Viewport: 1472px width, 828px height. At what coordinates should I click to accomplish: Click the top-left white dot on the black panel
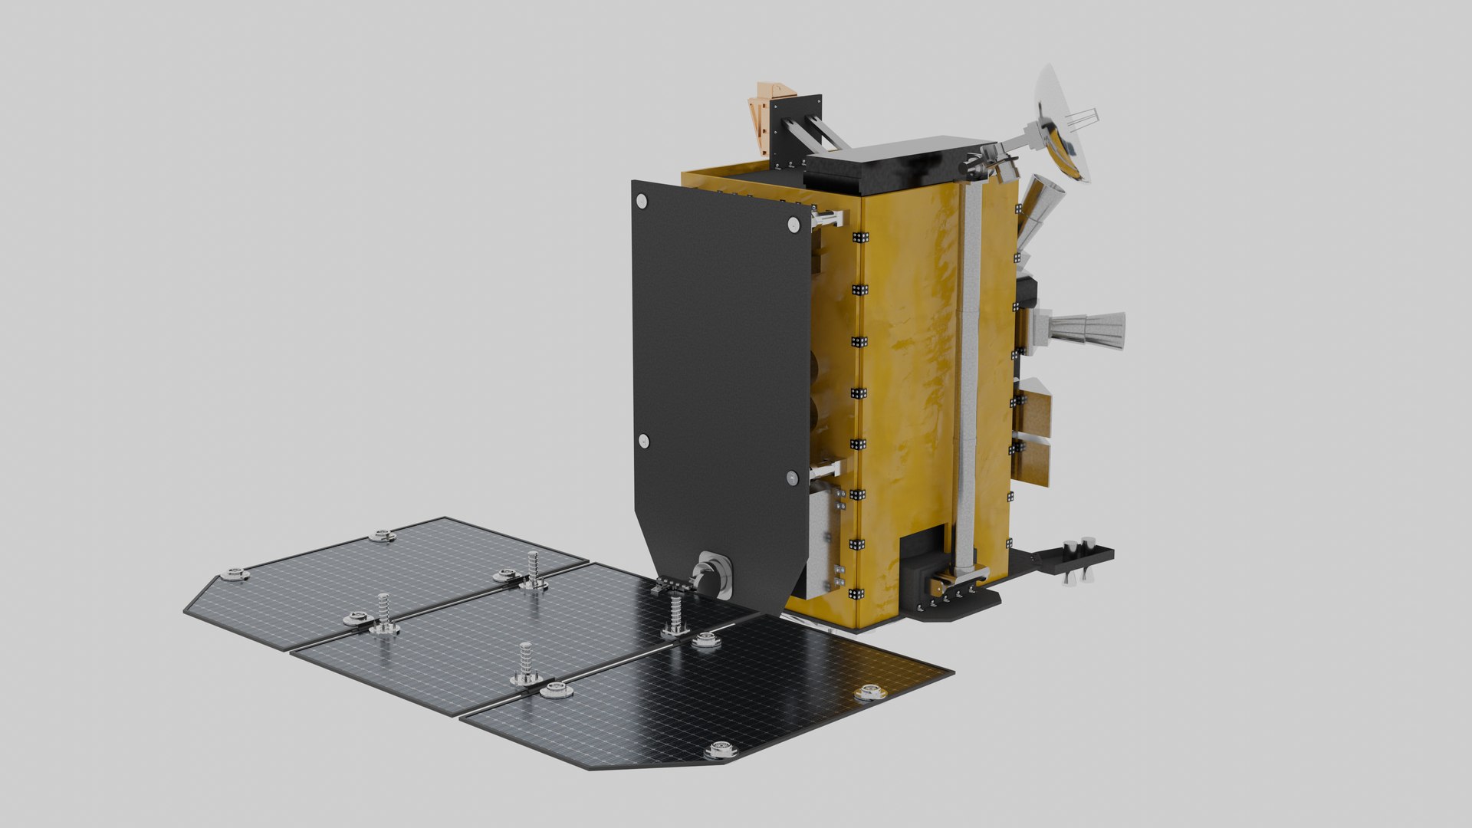pyautogui.click(x=642, y=201)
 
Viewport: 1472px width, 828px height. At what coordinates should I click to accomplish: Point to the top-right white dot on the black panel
pyautogui.click(x=793, y=224)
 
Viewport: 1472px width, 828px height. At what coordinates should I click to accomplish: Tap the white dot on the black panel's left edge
pyautogui.click(x=643, y=441)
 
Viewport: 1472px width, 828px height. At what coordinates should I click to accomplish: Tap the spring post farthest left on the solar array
pyautogui.click(x=383, y=613)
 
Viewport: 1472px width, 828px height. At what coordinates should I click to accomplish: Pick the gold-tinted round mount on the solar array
pyautogui.click(x=869, y=693)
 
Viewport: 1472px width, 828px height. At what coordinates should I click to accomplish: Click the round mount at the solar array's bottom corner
pyautogui.click(x=719, y=750)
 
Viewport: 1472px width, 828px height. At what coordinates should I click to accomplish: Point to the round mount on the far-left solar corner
pyautogui.click(x=234, y=573)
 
